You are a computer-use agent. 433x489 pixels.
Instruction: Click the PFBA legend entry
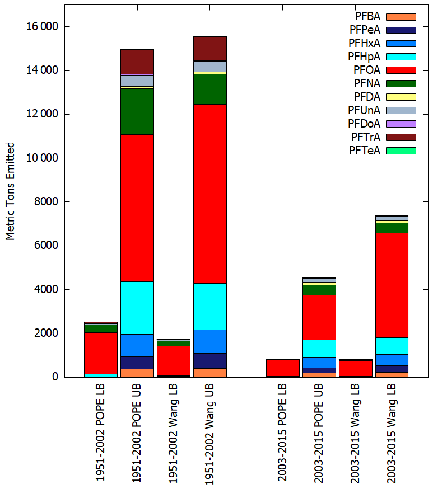tap(385, 17)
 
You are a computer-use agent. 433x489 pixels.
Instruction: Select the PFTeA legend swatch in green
tap(401, 151)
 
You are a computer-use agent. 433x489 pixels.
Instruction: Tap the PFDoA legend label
tap(364, 124)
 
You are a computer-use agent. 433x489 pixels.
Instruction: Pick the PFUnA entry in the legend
tap(382, 110)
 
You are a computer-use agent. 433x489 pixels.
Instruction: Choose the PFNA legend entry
tap(385, 83)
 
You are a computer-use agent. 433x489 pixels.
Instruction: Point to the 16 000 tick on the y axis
tap(42, 27)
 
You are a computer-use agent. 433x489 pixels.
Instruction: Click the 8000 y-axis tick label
tap(46, 202)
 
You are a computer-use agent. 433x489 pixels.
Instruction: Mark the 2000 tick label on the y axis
tap(46, 333)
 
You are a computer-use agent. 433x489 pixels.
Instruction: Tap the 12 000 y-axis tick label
tap(42, 114)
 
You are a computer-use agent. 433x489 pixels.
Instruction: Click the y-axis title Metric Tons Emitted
tap(10, 191)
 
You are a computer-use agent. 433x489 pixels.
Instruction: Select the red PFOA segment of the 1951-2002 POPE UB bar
tap(137, 208)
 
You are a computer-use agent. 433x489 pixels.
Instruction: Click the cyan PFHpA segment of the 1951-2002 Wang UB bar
tap(210, 307)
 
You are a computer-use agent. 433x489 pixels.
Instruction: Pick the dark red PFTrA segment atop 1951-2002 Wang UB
tap(210, 49)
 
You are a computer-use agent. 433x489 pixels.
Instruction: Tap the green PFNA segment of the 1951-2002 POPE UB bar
tap(137, 112)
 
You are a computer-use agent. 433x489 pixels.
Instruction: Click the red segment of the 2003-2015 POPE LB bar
tap(283, 368)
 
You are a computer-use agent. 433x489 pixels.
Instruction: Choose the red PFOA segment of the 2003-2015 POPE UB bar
tap(319, 317)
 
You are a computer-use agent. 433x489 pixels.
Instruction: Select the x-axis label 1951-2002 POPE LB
tap(100, 432)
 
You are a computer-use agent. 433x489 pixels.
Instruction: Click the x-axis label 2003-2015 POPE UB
tap(319, 433)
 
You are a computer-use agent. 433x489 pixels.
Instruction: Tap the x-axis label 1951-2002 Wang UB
tap(209, 434)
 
